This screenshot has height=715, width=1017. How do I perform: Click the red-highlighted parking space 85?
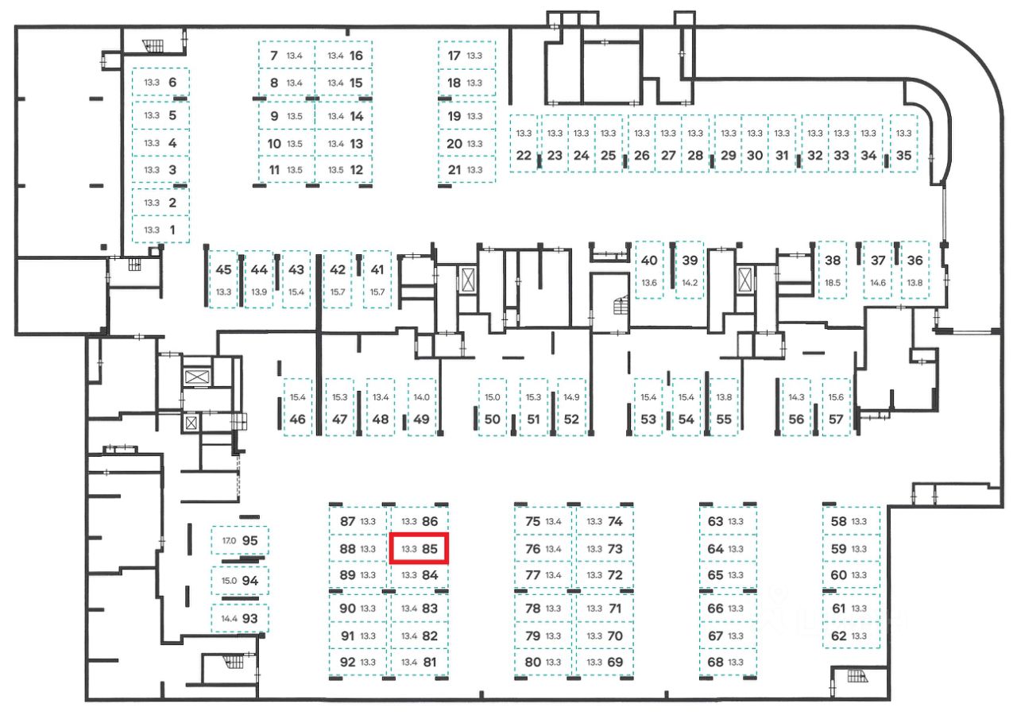420,548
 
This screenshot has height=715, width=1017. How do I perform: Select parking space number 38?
833,260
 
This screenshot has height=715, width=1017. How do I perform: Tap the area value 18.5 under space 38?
833,282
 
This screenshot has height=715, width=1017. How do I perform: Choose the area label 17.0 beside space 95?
229,540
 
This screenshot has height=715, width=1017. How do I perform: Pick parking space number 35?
903,155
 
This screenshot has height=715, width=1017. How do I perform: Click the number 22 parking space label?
523,155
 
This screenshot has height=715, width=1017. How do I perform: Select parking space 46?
298,419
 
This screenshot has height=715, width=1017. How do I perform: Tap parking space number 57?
836,419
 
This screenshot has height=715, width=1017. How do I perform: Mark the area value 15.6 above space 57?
836,397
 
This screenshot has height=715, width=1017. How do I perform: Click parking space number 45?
223,269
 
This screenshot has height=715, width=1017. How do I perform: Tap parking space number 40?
649,260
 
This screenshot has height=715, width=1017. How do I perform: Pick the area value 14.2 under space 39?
690,282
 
